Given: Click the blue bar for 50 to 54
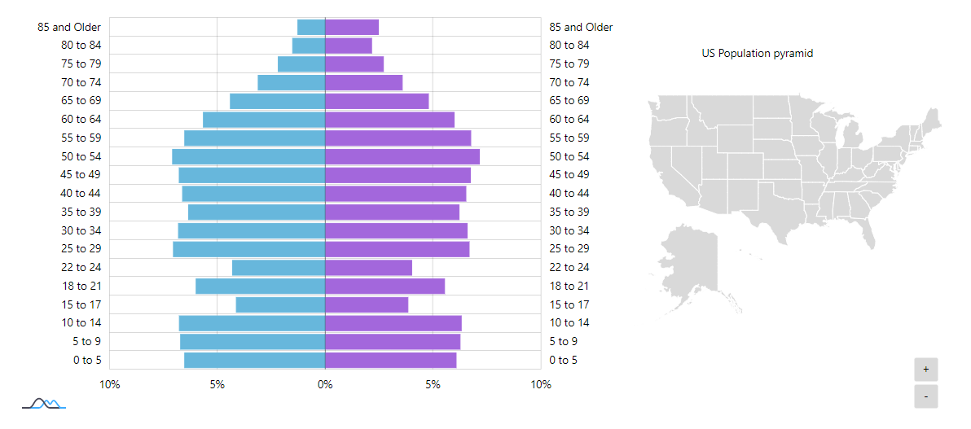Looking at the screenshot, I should [x=248, y=156].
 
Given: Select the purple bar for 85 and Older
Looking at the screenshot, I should [x=352, y=27].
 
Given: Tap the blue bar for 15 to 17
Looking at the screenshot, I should [x=280, y=304].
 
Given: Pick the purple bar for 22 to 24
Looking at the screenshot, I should [x=368, y=267].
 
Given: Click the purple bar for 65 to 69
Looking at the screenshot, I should [x=376, y=101].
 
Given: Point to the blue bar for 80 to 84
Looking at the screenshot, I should [x=309, y=46].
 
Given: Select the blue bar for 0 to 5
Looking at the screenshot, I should [x=254, y=360].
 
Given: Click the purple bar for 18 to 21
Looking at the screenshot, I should [x=384, y=286].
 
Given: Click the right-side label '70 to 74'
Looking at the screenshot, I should [x=569, y=82].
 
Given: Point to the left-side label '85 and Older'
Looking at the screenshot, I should [x=69, y=27].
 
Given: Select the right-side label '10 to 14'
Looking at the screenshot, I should [x=569, y=322].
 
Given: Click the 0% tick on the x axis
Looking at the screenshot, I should [x=325, y=384].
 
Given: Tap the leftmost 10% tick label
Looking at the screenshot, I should [x=110, y=384].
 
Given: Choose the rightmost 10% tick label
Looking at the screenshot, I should [x=541, y=384].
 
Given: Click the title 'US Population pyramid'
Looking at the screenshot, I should [x=758, y=53].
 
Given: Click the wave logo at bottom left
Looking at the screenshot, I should [x=43, y=403].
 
